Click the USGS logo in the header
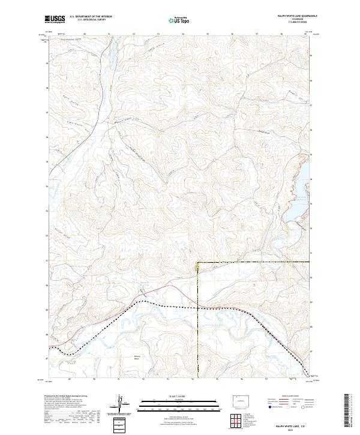(55, 19)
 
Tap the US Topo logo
(179, 19)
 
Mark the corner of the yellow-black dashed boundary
(198, 262)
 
